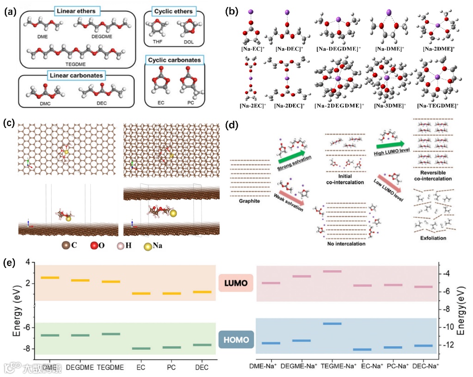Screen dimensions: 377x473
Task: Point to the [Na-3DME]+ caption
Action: tap(387, 106)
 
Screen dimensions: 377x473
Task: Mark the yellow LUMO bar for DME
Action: tap(50, 278)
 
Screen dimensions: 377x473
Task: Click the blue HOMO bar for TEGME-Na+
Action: tap(332, 324)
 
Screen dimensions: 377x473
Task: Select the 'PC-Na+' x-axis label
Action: tap(397, 366)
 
